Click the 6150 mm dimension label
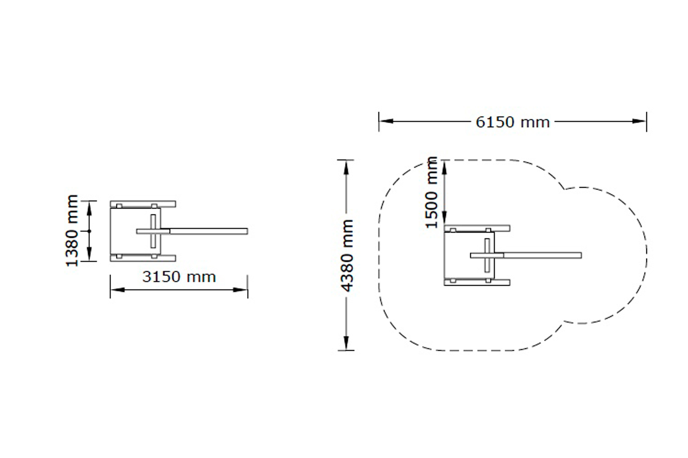[512, 122]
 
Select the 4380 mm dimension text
[347, 256]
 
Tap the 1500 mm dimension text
[431, 192]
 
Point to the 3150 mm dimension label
[179, 277]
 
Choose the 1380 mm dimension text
[72, 231]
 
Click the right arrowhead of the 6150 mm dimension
[639, 121]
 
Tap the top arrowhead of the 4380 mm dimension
[346, 167]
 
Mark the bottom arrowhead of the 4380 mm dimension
[346, 343]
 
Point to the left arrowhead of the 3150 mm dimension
[117, 289]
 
